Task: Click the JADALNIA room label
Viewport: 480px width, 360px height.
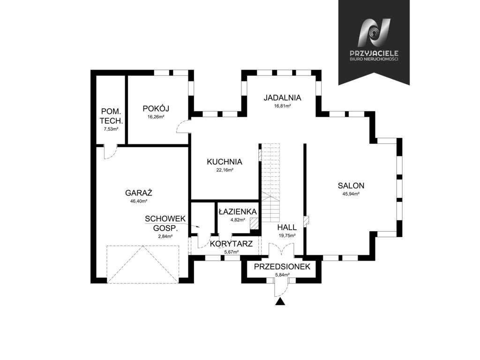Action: (x=282, y=98)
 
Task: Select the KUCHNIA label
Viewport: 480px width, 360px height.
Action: (x=225, y=162)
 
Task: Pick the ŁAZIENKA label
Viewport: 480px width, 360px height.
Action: (x=237, y=211)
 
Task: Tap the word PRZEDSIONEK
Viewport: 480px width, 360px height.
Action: (x=283, y=267)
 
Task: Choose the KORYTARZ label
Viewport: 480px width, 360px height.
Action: (x=232, y=244)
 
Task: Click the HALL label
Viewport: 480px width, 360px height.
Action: (x=286, y=227)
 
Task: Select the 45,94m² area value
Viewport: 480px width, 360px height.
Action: (x=351, y=194)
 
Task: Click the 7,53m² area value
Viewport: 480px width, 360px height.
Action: (x=111, y=129)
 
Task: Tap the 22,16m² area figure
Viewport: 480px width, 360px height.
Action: (x=225, y=170)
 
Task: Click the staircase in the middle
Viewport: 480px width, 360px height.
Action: (x=271, y=183)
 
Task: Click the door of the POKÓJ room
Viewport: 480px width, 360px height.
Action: (x=183, y=127)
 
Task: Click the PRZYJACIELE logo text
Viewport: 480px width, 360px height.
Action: (x=374, y=54)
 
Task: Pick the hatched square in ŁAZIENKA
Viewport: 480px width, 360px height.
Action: (x=254, y=224)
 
